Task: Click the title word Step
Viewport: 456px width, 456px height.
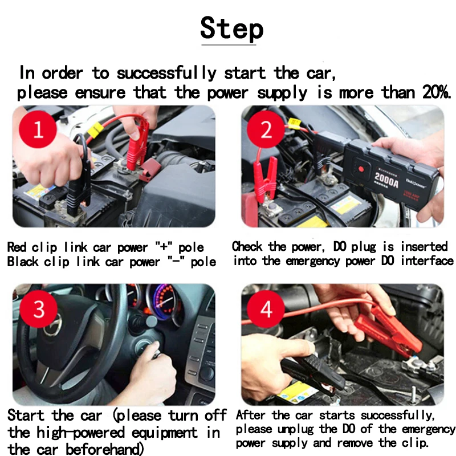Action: click(x=232, y=28)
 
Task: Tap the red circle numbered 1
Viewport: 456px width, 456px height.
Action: click(x=38, y=129)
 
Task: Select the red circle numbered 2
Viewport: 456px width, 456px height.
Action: click(x=266, y=129)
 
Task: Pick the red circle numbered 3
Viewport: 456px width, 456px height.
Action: click(x=39, y=309)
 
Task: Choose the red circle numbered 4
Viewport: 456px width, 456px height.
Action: click(x=266, y=309)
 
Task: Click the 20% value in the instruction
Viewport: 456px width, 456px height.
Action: click(x=436, y=92)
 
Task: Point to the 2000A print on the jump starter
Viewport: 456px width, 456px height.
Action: click(x=386, y=180)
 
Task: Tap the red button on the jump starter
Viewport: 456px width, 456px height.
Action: click(x=361, y=169)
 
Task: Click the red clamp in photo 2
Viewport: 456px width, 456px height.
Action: click(x=265, y=178)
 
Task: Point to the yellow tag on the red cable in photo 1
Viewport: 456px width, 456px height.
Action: click(x=95, y=129)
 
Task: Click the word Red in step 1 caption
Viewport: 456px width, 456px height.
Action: click(x=17, y=247)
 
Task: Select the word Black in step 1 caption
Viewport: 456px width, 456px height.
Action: click(x=22, y=262)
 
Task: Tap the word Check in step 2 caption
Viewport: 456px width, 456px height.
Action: click(x=247, y=247)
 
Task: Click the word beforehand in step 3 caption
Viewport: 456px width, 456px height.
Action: click(x=103, y=449)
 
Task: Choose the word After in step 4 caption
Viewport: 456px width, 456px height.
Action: click(x=250, y=415)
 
